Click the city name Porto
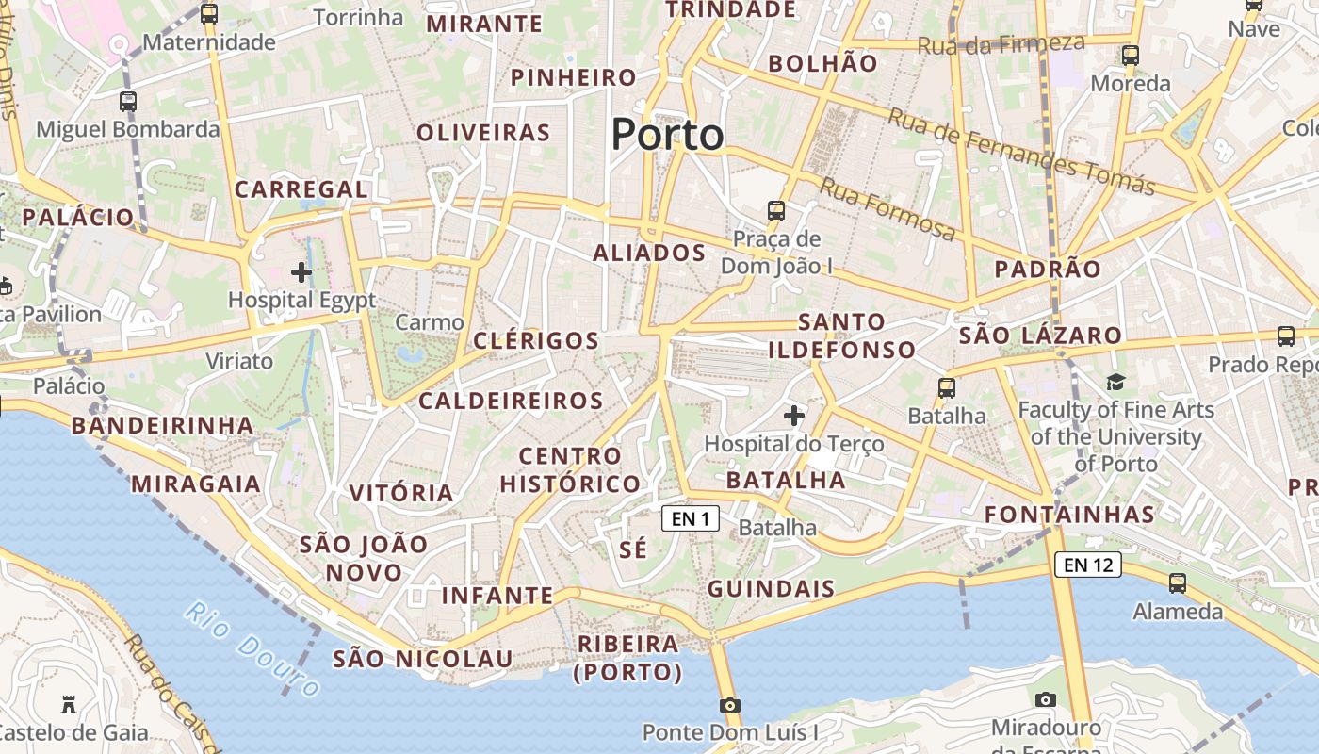tap(667, 135)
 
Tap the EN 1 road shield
tap(691, 517)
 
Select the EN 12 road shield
tap(1088, 565)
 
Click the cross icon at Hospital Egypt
tap(301, 273)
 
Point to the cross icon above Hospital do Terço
tap(794, 415)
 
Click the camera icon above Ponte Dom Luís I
tap(729, 705)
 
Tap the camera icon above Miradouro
tap(1045, 699)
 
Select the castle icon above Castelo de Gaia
tap(68, 704)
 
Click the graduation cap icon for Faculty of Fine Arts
tap(1115, 382)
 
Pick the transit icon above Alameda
tap(1178, 583)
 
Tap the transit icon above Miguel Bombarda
tap(128, 102)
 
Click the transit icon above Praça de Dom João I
tap(776, 210)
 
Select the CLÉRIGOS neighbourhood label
tap(536, 340)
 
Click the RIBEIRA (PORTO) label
tap(628, 658)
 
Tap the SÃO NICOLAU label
tap(422, 659)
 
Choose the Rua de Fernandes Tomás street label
tap(1021, 152)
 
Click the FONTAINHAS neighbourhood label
tap(1069, 515)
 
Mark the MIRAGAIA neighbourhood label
tap(196, 484)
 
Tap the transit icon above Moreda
tap(1131, 56)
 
